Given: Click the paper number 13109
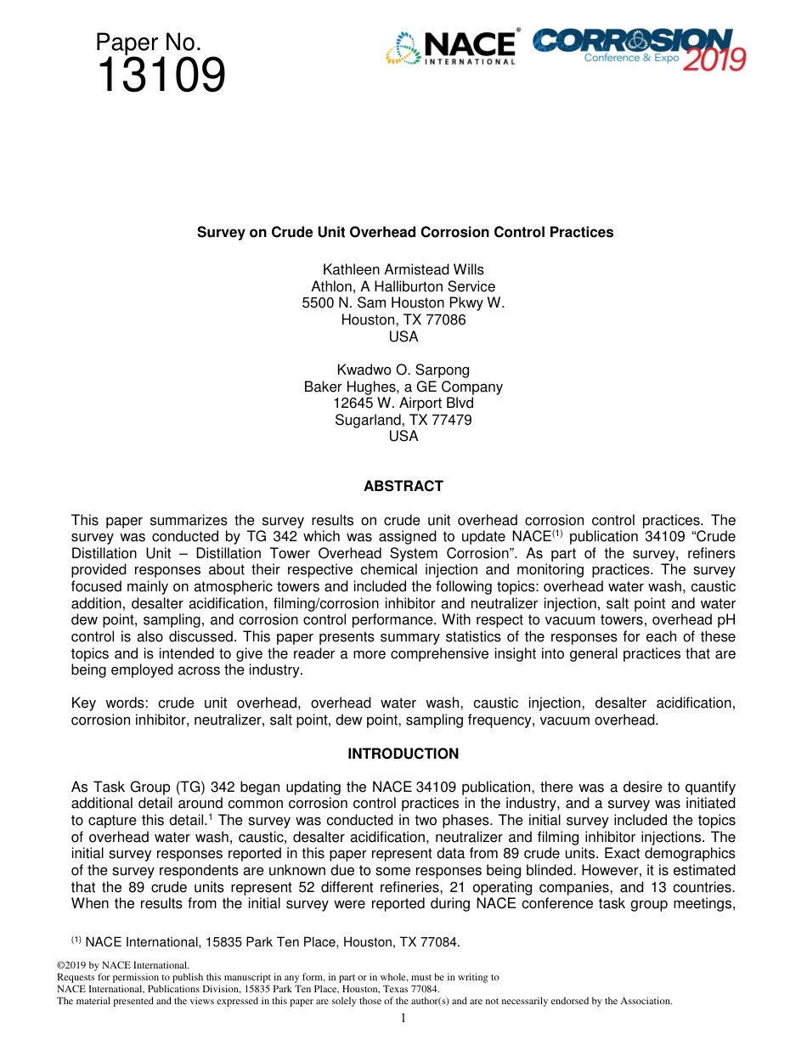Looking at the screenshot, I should click(161, 76).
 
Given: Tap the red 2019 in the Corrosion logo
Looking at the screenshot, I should click(714, 59).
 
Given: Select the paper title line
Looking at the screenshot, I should click(405, 232).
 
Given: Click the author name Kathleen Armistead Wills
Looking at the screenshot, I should click(403, 270).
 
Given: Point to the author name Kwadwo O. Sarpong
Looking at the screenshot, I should click(403, 370).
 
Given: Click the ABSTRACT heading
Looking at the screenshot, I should click(403, 487).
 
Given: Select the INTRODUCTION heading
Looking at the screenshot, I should click(403, 754).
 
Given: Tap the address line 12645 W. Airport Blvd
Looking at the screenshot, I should click(403, 404).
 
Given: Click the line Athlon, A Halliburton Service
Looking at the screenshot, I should click(403, 287).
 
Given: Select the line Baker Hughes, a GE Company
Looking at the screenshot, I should click(403, 387).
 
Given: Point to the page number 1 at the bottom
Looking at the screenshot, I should click(403, 1019).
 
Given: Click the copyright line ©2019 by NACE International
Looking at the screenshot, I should click(122, 966).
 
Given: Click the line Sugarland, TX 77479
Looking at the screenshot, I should click(403, 421).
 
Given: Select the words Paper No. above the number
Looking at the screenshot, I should click(148, 42).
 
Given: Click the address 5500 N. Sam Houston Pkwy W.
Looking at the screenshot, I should click(403, 303).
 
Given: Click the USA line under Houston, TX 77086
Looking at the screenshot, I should click(403, 337).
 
